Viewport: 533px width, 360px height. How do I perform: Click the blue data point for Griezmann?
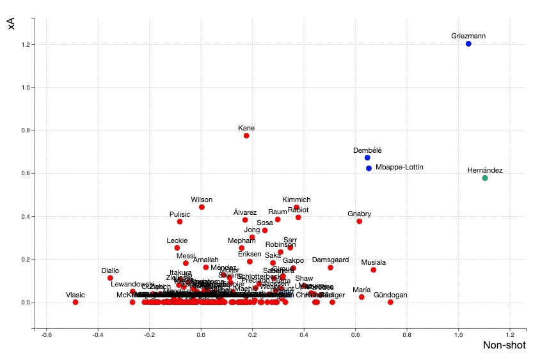[x=468, y=44]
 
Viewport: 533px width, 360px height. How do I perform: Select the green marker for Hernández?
[x=485, y=178]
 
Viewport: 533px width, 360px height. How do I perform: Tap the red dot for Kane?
[x=246, y=136]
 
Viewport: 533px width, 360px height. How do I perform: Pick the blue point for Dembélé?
[x=367, y=158]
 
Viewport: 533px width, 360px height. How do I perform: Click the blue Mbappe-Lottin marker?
[x=369, y=168]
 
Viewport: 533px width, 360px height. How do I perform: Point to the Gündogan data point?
[x=390, y=302]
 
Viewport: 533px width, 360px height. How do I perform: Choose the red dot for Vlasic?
[x=76, y=302]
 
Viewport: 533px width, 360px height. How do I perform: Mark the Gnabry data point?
[x=359, y=221]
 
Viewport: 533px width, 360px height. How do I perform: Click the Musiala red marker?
[x=373, y=270]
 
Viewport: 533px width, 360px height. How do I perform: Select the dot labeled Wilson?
[x=202, y=207]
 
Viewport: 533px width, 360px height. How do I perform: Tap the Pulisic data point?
[x=180, y=222]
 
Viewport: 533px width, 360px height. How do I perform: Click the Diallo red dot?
[x=110, y=278]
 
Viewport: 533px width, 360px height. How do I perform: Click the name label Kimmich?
[x=296, y=200]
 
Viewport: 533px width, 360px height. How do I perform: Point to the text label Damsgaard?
[x=330, y=260]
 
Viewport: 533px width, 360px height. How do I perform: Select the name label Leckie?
[x=177, y=241]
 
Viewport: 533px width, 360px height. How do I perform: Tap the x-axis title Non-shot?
[x=504, y=346]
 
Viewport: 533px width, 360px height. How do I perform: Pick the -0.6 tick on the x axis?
[x=46, y=335]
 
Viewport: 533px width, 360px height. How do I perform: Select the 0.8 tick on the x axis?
[x=407, y=335]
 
